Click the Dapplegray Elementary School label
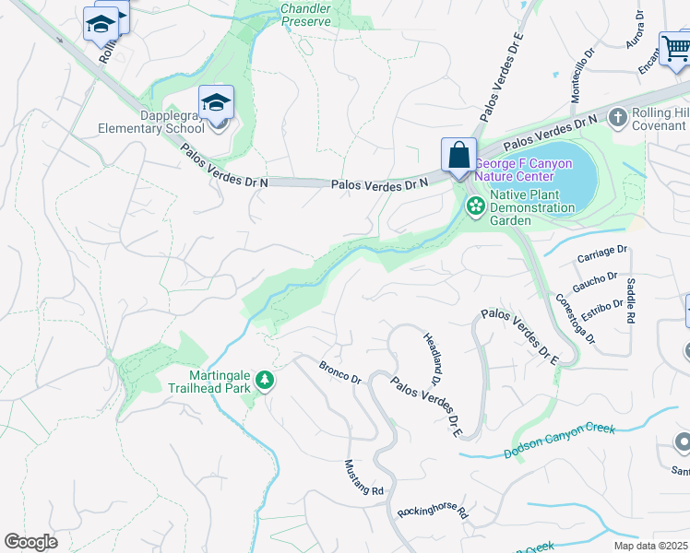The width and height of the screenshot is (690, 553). point(151,123)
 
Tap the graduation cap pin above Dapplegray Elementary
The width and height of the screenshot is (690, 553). point(216,103)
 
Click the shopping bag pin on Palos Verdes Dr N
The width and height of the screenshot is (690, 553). point(458,156)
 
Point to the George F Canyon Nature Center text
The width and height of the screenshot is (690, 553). point(523,170)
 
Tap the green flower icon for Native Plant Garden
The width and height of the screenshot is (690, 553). point(476,206)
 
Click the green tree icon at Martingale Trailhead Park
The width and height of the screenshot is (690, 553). point(265,380)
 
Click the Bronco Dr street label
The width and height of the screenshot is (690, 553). point(339,372)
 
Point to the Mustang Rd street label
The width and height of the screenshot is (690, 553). point(363,478)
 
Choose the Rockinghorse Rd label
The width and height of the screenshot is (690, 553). point(434,511)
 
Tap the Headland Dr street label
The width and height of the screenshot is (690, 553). point(430,359)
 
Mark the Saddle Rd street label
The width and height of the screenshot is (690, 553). point(631,300)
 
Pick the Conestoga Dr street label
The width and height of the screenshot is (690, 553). point(577,318)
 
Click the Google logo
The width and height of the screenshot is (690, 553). point(30,541)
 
